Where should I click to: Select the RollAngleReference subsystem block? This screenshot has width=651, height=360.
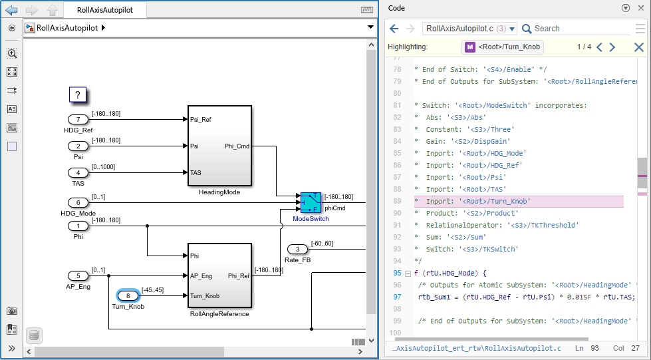pyautogui.click(x=219, y=275)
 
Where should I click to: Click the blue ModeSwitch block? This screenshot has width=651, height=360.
pyautogui.click(x=311, y=202)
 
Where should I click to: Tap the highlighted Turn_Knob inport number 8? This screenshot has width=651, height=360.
pyautogui.click(x=128, y=295)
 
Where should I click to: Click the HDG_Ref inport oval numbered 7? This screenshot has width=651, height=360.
pyautogui.click(x=78, y=119)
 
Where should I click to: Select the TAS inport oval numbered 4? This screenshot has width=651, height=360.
pyautogui.click(x=78, y=172)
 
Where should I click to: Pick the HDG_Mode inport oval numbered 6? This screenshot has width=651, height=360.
pyautogui.click(x=78, y=202)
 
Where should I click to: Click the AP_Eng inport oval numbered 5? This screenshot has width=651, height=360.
pyautogui.click(x=78, y=275)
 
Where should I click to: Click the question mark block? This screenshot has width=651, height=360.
pyautogui.click(x=78, y=95)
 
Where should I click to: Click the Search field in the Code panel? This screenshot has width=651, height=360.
pyautogui.click(x=575, y=29)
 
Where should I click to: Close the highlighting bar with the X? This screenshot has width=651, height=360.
pyautogui.click(x=638, y=47)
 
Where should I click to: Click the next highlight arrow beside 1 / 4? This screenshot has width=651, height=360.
pyautogui.click(x=612, y=47)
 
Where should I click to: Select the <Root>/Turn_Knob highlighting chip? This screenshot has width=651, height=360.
pyautogui.click(x=503, y=47)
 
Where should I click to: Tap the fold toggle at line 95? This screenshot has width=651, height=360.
pyautogui.click(x=408, y=273)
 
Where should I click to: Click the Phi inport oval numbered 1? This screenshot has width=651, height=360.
pyautogui.click(x=78, y=226)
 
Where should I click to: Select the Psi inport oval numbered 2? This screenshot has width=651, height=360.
pyautogui.click(x=78, y=146)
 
